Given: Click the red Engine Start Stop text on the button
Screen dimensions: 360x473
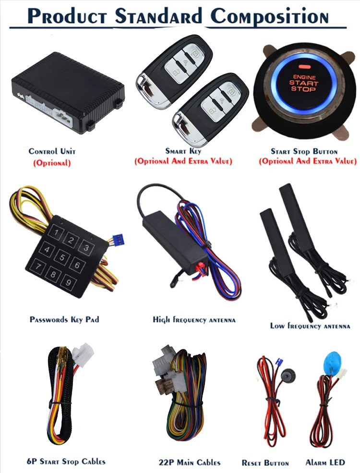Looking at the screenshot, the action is pos(303,83).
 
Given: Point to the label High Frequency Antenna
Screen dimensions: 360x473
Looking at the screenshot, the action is pos(194,319).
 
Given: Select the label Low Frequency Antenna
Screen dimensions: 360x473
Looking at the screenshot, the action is pos(310,326).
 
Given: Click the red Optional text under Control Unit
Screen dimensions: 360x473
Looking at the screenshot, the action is pos(52,163).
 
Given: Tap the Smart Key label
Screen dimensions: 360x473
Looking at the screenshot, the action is pos(183,151).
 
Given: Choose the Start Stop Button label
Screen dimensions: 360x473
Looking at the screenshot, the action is pos(304,151).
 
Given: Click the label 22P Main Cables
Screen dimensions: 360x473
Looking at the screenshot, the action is pos(190,462).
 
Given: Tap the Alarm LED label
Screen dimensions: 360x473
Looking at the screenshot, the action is pos(325,462).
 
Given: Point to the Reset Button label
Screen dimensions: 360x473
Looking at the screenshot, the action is pos(265,463).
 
